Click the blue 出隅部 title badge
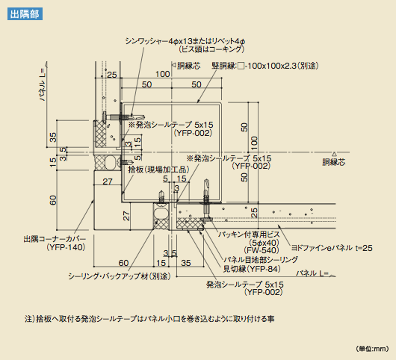click(25, 14)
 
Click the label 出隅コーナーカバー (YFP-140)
click(55, 243)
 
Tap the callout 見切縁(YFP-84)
click(252, 269)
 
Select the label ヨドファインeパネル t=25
click(332, 248)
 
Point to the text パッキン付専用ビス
click(249, 235)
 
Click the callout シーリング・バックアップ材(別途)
click(120, 276)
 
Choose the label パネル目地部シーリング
click(261, 259)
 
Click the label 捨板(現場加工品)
click(158, 170)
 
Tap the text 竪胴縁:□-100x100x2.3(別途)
click(265, 66)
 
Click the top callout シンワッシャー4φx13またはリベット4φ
click(185, 41)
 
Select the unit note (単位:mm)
click(372, 349)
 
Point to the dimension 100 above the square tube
click(162, 74)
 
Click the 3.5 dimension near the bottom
click(170, 253)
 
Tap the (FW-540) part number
click(262, 250)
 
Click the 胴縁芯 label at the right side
click(334, 162)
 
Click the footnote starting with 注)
click(149, 319)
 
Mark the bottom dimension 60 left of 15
click(123, 263)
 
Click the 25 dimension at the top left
click(112, 75)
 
